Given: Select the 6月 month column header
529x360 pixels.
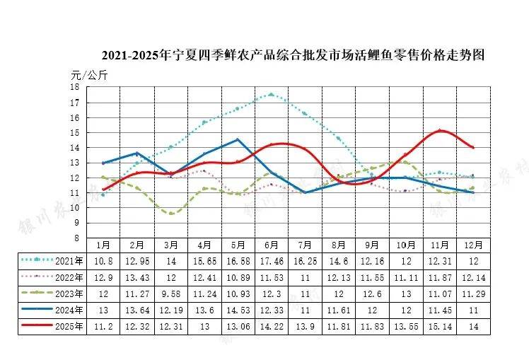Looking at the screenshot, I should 271,245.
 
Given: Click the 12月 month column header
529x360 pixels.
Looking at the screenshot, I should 474,245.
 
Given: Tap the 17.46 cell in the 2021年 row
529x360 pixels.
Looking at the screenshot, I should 271,261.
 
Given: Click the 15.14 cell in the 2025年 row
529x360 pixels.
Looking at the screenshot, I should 440,326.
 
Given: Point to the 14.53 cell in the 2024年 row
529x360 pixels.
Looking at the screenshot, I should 238,310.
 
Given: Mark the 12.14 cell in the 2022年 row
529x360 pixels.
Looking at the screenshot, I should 474,277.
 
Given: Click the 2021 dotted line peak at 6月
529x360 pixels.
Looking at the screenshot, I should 271,94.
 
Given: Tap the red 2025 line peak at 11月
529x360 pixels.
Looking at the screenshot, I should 440,130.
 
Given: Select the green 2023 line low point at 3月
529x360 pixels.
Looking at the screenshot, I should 170,213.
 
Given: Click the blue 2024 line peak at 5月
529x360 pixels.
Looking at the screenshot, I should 238,139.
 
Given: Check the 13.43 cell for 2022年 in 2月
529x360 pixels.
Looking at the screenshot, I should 136,277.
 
